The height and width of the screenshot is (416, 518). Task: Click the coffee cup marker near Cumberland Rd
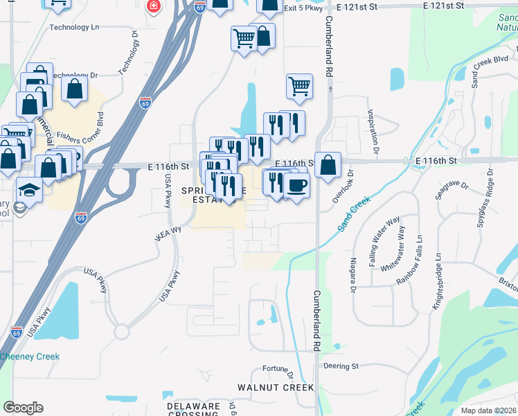pyautogui.click(x=296, y=187)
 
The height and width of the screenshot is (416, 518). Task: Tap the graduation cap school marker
pyautogui.click(x=29, y=190)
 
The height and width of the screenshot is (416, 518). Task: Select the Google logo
pyautogui.click(x=23, y=408)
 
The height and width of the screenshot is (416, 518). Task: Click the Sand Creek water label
pyautogui.click(x=354, y=214)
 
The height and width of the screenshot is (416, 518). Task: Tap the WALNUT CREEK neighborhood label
pyautogui.click(x=276, y=388)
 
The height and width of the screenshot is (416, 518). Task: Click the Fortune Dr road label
pyautogui.click(x=280, y=369)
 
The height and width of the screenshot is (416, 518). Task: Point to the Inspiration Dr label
pyautogui.click(x=373, y=131)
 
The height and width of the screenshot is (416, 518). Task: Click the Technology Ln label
pyautogui.click(x=80, y=28)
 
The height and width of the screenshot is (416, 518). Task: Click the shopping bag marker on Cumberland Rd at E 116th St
pyautogui.click(x=328, y=166)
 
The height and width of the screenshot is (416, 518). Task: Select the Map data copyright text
pyautogui.click(x=489, y=410)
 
